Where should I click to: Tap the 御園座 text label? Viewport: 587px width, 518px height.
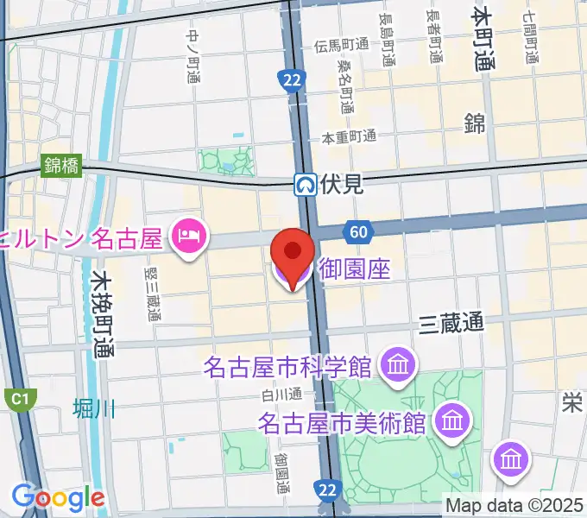[x=355, y=270]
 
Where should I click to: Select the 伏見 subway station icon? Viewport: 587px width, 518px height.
[x=305, y=183]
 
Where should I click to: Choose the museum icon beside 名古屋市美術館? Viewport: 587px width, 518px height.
[x=451, y=421]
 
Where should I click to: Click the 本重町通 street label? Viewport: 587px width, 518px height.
[x=350, y=136]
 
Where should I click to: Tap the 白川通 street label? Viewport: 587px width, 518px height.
[x=282, y=395]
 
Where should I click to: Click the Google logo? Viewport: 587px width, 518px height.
[x=58, y=497]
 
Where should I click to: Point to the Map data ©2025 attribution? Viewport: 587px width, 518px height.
[x=514, y=505]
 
